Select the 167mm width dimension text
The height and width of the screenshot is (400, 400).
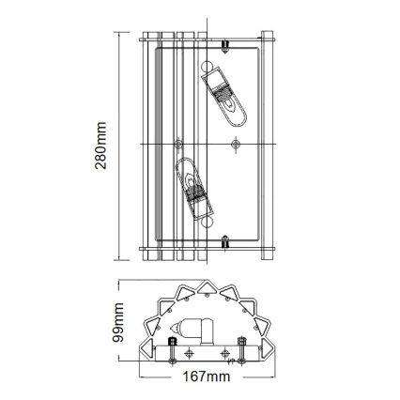(x=205, y=376)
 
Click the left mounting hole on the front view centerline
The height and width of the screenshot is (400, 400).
(x=178, y=144)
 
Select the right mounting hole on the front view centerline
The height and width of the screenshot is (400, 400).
(x=235, y=144)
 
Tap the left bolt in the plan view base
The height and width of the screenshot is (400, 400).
(x=171, y=352)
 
